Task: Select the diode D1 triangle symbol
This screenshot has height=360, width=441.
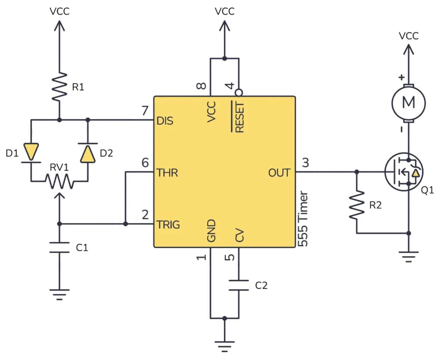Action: click(x=31, y=151)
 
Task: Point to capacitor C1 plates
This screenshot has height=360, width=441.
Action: click(x=59, y=247)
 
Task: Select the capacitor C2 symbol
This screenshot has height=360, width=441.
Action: click(x=238, y=285)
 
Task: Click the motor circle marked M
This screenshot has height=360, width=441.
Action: click(x=408, y=103)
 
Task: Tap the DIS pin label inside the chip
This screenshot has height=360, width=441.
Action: click(x=165, y=121)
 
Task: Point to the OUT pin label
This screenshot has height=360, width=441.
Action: click(x=280, y=173)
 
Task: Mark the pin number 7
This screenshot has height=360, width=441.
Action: click(x=145, y=111)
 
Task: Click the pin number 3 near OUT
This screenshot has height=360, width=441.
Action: click(x=305, y=163)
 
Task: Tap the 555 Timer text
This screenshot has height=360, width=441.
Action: click(x=303, y=219)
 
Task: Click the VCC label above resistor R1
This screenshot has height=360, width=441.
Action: click(x=59, y=12)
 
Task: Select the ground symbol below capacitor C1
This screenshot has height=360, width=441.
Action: click(x=59, y=294)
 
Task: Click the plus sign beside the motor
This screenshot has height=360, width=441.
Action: click(x=401, y=78)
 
